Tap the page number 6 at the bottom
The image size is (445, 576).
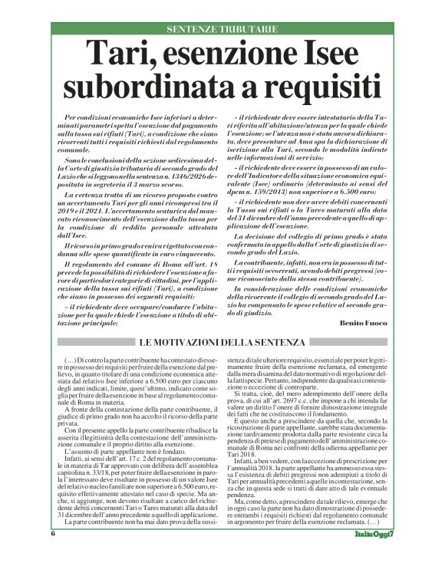pos(54,555)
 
